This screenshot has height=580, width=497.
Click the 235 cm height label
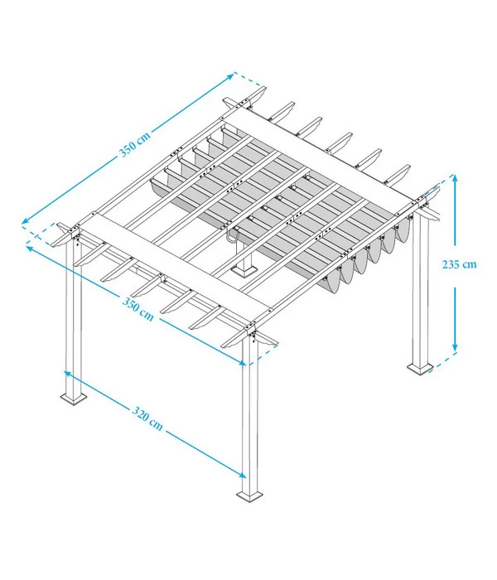coord(459,265)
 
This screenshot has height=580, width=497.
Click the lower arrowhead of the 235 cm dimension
coord(454,348)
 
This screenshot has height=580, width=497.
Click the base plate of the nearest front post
coord(250,496)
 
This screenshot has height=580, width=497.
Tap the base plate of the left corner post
coord(74,399)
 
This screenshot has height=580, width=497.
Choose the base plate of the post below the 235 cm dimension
coord(418,367)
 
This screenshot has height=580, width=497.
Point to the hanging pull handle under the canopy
coord(234,238)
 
